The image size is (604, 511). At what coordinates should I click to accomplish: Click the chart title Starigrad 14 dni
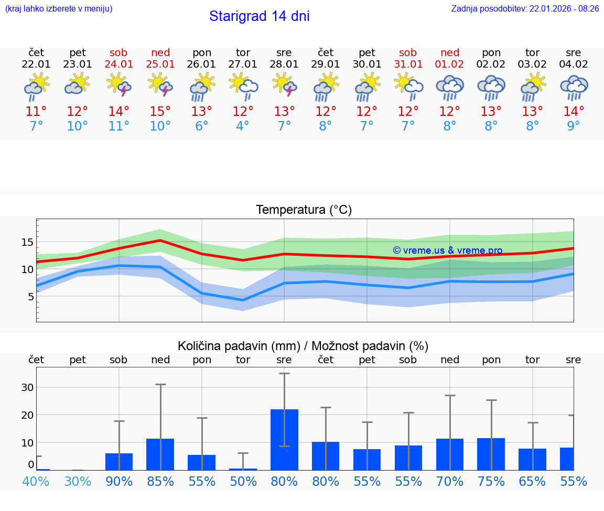coord(259,16)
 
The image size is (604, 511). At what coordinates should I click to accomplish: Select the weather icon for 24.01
coord(119,85)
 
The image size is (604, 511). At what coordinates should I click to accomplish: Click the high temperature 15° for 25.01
coord(160,112)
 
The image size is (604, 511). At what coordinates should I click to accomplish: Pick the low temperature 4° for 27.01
coord(243,126)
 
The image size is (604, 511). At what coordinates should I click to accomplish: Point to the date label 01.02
coord(449,64)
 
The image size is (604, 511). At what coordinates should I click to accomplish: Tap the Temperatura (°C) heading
coord(304,210)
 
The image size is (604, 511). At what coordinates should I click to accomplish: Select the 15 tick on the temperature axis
coord(27,242)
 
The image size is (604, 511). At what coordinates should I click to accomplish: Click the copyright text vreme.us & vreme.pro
coord(447,251)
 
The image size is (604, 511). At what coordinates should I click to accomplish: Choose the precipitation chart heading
coord(303,346)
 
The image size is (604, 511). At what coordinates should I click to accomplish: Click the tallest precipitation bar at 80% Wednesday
coord(284,439)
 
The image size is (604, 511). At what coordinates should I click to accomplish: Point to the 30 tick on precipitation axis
coord(27,387)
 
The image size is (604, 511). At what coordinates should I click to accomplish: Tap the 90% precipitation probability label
coord(119,482)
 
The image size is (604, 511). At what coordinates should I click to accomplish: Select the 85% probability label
coord(160,482)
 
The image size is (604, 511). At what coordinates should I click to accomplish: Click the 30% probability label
coord(78,482)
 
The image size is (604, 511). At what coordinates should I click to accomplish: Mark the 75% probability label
coord(491,482)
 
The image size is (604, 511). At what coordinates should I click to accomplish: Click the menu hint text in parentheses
coord(59,9)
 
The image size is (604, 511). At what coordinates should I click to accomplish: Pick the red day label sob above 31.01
coord(408,53)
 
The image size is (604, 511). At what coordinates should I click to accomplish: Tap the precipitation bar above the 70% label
coord(449,454)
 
